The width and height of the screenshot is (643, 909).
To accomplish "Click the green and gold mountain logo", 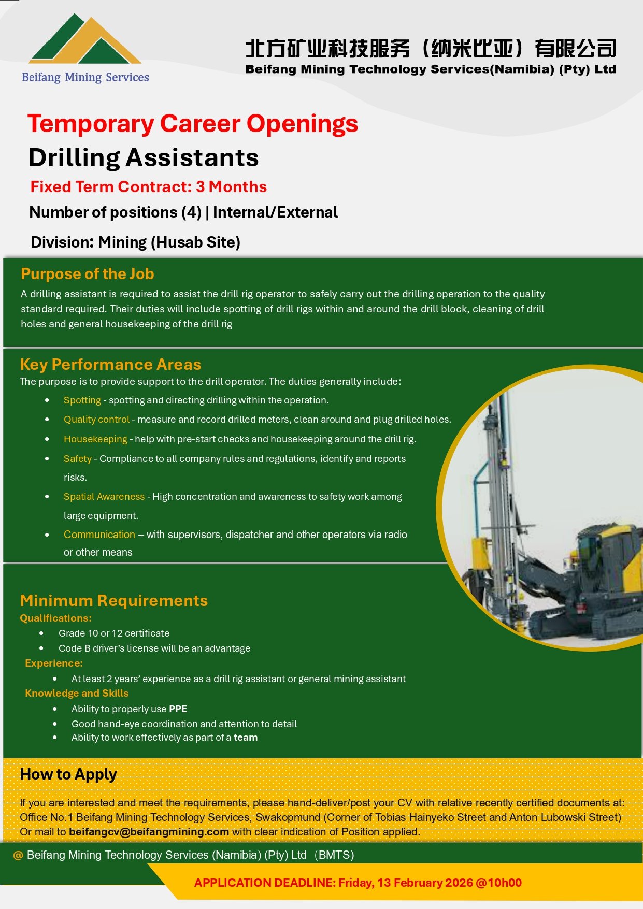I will click(84, 40).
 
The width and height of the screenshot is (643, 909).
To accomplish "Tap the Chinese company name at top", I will click(430, 49).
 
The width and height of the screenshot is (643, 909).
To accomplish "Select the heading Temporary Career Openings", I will click(192, 124).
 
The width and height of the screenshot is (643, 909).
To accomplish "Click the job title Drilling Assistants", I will click(143, 158).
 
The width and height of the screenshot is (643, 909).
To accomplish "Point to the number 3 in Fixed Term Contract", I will click(200, 187).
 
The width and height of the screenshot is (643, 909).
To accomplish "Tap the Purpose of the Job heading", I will click(87, 274).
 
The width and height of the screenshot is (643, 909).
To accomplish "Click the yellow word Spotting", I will click(82, 400).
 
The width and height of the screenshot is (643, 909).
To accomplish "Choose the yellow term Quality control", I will click(96, 420).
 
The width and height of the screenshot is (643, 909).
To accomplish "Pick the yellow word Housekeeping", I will click(95, 439).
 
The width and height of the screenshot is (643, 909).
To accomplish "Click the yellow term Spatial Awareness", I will click(104, 497).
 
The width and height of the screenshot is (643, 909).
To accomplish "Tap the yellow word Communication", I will click(99, 535).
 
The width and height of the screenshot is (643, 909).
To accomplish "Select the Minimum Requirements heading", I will click(113, 601).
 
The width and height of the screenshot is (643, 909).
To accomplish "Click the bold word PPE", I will click(178, 709).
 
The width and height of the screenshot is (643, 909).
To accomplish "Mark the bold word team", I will click(245, 738).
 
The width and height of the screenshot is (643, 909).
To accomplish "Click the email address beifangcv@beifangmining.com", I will click(149, 832).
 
